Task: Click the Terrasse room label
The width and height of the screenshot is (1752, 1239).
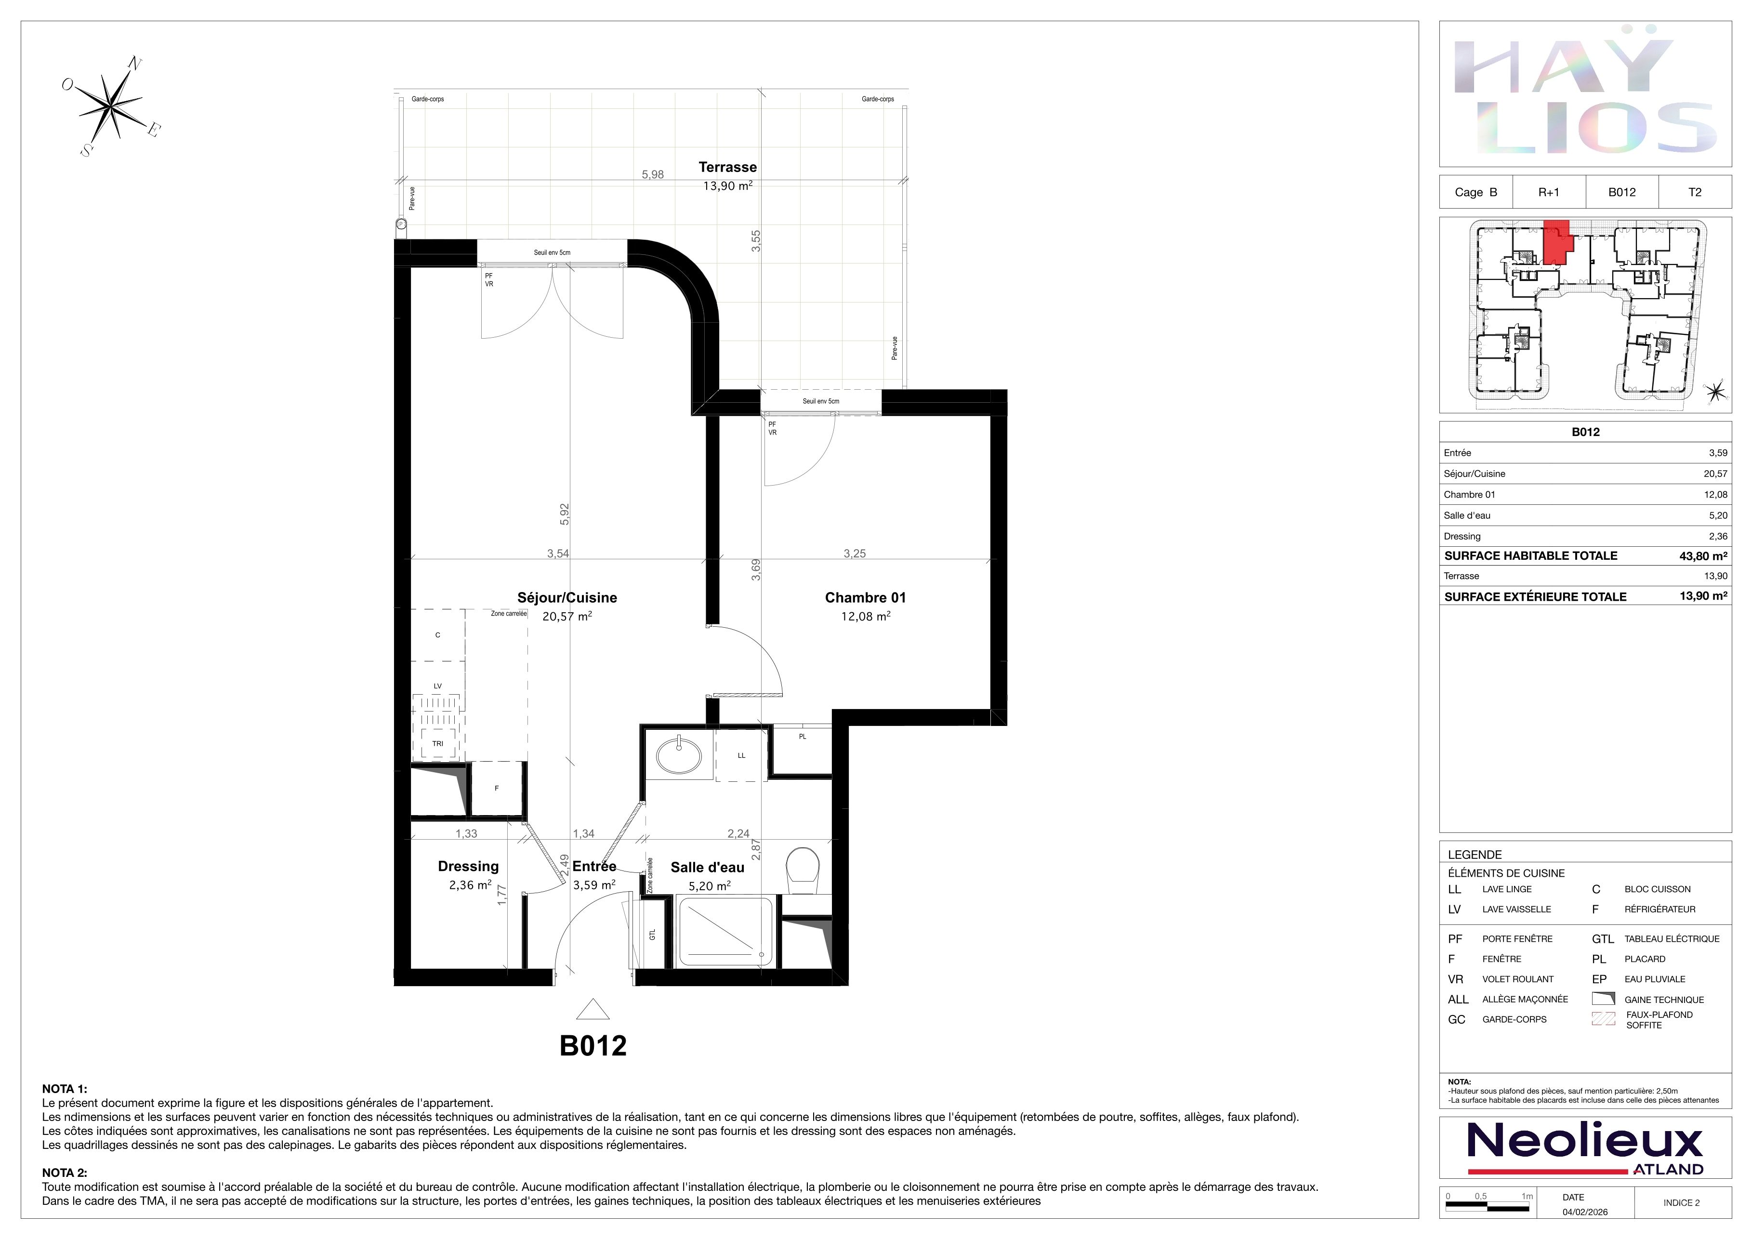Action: (x=727, y=167)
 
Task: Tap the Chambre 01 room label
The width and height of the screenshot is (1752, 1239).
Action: (x=865, y=597)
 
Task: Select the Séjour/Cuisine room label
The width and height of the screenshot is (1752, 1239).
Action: (x=567, y=597)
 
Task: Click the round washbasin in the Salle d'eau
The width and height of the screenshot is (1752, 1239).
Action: (x=678, y=754)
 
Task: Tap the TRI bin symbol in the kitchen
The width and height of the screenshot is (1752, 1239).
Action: (x=437, y=743)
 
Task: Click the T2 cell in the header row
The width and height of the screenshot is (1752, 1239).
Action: (x=1695, y=192)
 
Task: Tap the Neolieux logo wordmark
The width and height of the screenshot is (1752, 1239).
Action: (x=1585, y=1143)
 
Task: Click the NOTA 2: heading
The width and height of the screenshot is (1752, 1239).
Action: (x=65, y=1173)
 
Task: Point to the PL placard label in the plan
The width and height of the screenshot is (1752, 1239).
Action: (x=803, y=736)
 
